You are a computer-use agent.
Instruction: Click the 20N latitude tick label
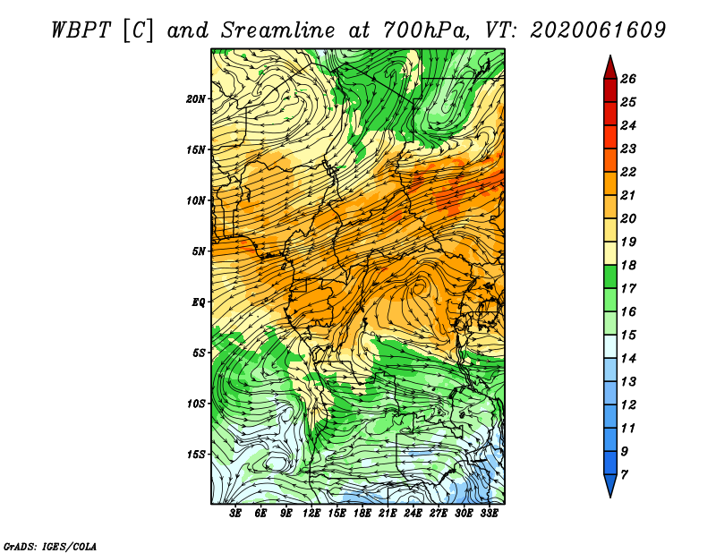coord(195,98)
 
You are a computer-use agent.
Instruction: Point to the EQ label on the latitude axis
coord(198,302)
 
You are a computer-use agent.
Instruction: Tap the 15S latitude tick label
coord(195,455)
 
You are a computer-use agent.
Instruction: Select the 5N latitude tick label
coord(198,251)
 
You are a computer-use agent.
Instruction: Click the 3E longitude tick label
coord(235,514)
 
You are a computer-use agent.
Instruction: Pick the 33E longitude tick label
coord(489,514)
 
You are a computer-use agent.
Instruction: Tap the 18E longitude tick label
coord(362,514)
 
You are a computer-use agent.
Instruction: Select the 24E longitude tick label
coord(413,514)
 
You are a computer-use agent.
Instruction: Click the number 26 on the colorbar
coord(628,79)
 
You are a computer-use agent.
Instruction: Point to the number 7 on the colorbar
coord(624,474)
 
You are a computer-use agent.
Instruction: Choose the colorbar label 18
coord(628,265)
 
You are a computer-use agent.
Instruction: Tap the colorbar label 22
coord(628,172)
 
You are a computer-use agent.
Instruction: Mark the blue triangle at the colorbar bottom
coord(610,484)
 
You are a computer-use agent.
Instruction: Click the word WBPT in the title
coord(81,30)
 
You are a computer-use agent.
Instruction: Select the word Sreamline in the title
coord(278,30)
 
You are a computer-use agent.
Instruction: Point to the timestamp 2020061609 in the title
coord(598,30)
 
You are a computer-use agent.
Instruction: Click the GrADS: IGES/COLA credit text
coord(49,547)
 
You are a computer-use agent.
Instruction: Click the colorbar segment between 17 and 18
coord(610,276)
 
